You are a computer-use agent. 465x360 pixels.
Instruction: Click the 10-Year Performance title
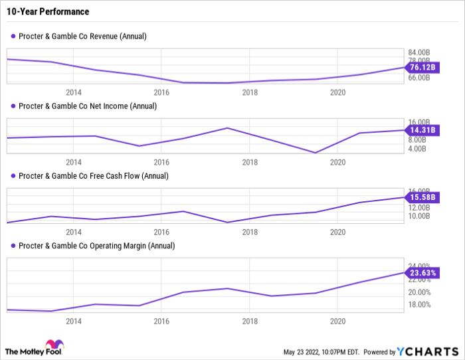point(46,12)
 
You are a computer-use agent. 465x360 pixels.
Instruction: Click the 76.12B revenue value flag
point(422,67)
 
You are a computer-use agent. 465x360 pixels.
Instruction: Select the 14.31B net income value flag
point(422,130)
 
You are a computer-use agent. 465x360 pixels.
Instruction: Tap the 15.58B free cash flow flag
point(422,197)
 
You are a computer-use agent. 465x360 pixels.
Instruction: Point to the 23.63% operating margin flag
point(422,272)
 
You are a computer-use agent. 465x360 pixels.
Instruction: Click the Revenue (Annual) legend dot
point(13,36)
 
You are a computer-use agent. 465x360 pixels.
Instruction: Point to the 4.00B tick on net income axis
point(420,148)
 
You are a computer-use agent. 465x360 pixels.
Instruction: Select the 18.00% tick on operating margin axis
point(418,304)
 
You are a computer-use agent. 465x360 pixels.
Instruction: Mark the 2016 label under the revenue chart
point(161,92)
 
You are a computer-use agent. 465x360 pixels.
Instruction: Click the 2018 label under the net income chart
point(250,161)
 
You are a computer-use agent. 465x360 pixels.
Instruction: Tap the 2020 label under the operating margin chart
point(337,321)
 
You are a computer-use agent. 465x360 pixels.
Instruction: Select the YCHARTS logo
point(428,351)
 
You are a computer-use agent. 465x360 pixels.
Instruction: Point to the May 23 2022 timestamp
point(322,352)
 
